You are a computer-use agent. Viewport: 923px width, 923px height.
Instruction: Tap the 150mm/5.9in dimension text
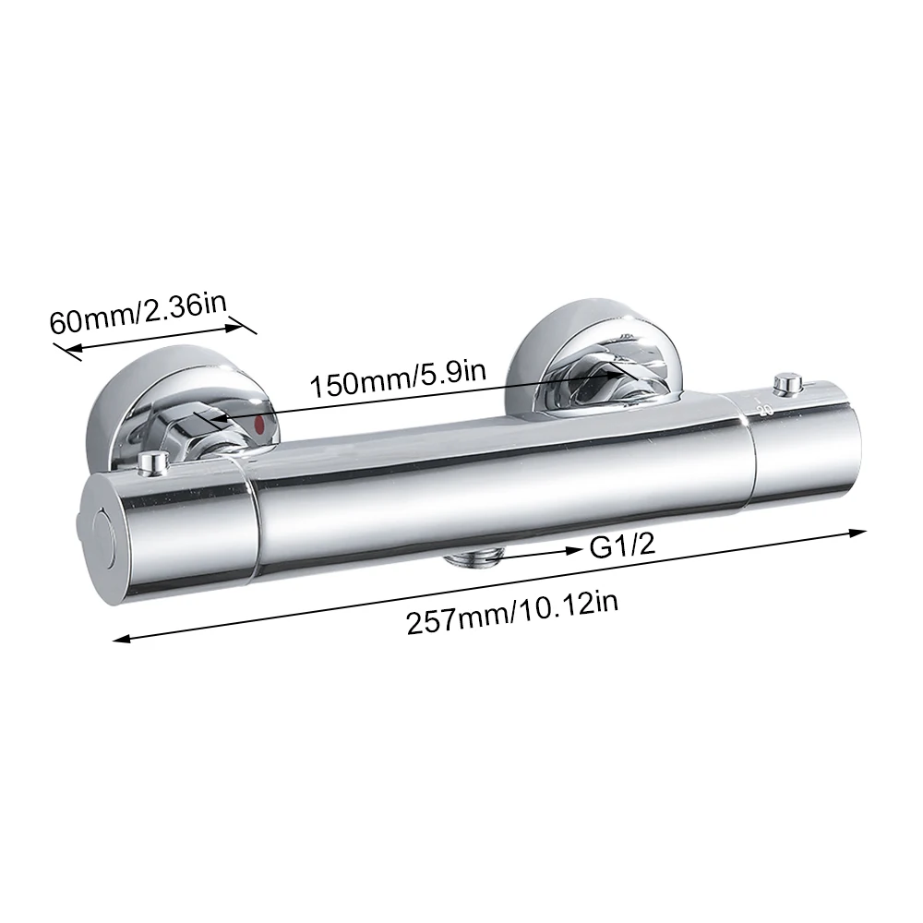tap(398, 383)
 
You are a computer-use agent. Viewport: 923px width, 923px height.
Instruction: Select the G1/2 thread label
tap(622, 545)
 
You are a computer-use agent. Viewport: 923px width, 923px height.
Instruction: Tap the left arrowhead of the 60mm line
tap(62, 349)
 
